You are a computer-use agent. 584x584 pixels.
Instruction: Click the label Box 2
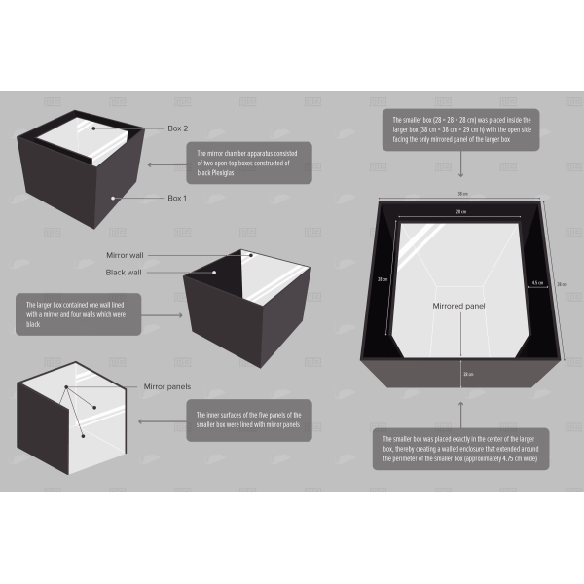[x=178, y=128]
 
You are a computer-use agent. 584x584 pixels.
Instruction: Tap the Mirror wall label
[x=125, y=254]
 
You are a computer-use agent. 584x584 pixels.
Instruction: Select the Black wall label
[x=124, y=272]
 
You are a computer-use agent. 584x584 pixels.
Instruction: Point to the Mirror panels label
[x=166, y=386]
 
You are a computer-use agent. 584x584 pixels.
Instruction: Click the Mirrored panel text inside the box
[x=458, y=306]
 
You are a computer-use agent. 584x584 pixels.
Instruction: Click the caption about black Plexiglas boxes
[x=249, y=163]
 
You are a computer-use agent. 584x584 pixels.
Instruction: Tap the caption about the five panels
[x=249, y=420]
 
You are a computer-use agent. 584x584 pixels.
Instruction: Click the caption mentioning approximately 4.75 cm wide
[x=459, y=448]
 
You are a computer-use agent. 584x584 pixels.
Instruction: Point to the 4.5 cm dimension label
[x=537, y=284]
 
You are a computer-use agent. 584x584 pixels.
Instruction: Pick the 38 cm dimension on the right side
[x=562, y=284]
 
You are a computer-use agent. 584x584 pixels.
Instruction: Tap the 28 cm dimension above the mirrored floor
[x=459, y=211]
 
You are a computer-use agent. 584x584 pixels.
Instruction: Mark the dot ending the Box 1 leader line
[x=115, y=198]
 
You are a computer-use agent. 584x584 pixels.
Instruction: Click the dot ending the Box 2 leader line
[x=93, y=128]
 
